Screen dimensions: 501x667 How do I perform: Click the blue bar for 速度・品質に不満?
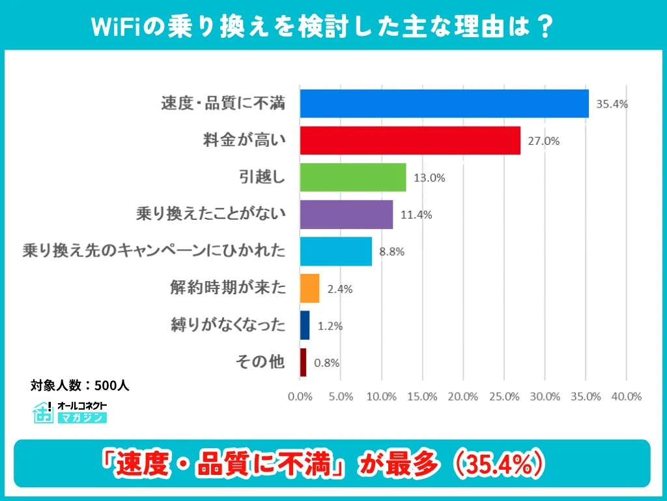click(444, 103)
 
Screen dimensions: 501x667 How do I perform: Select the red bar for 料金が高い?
click(410, 140)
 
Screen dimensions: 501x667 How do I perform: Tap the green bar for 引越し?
click(353, 177)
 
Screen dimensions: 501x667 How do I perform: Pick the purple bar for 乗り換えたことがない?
click(347, 215)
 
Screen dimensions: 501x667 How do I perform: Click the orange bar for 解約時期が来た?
click(309, 288)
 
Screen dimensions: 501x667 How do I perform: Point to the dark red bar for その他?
click(303, 362)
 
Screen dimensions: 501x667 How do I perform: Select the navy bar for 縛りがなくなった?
click(305, 326)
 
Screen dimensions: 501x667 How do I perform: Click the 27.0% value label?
click(544, 141)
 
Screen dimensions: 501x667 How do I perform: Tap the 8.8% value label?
click(391, 252)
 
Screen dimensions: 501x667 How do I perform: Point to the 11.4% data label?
click(416, 215)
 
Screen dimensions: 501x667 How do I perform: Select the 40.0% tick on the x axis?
click(626, 396)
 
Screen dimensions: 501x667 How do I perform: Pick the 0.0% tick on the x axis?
click(300, 396)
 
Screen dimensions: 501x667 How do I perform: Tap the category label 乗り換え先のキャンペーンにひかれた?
click(154, 251)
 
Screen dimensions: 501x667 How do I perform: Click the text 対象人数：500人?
click(79, 386)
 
